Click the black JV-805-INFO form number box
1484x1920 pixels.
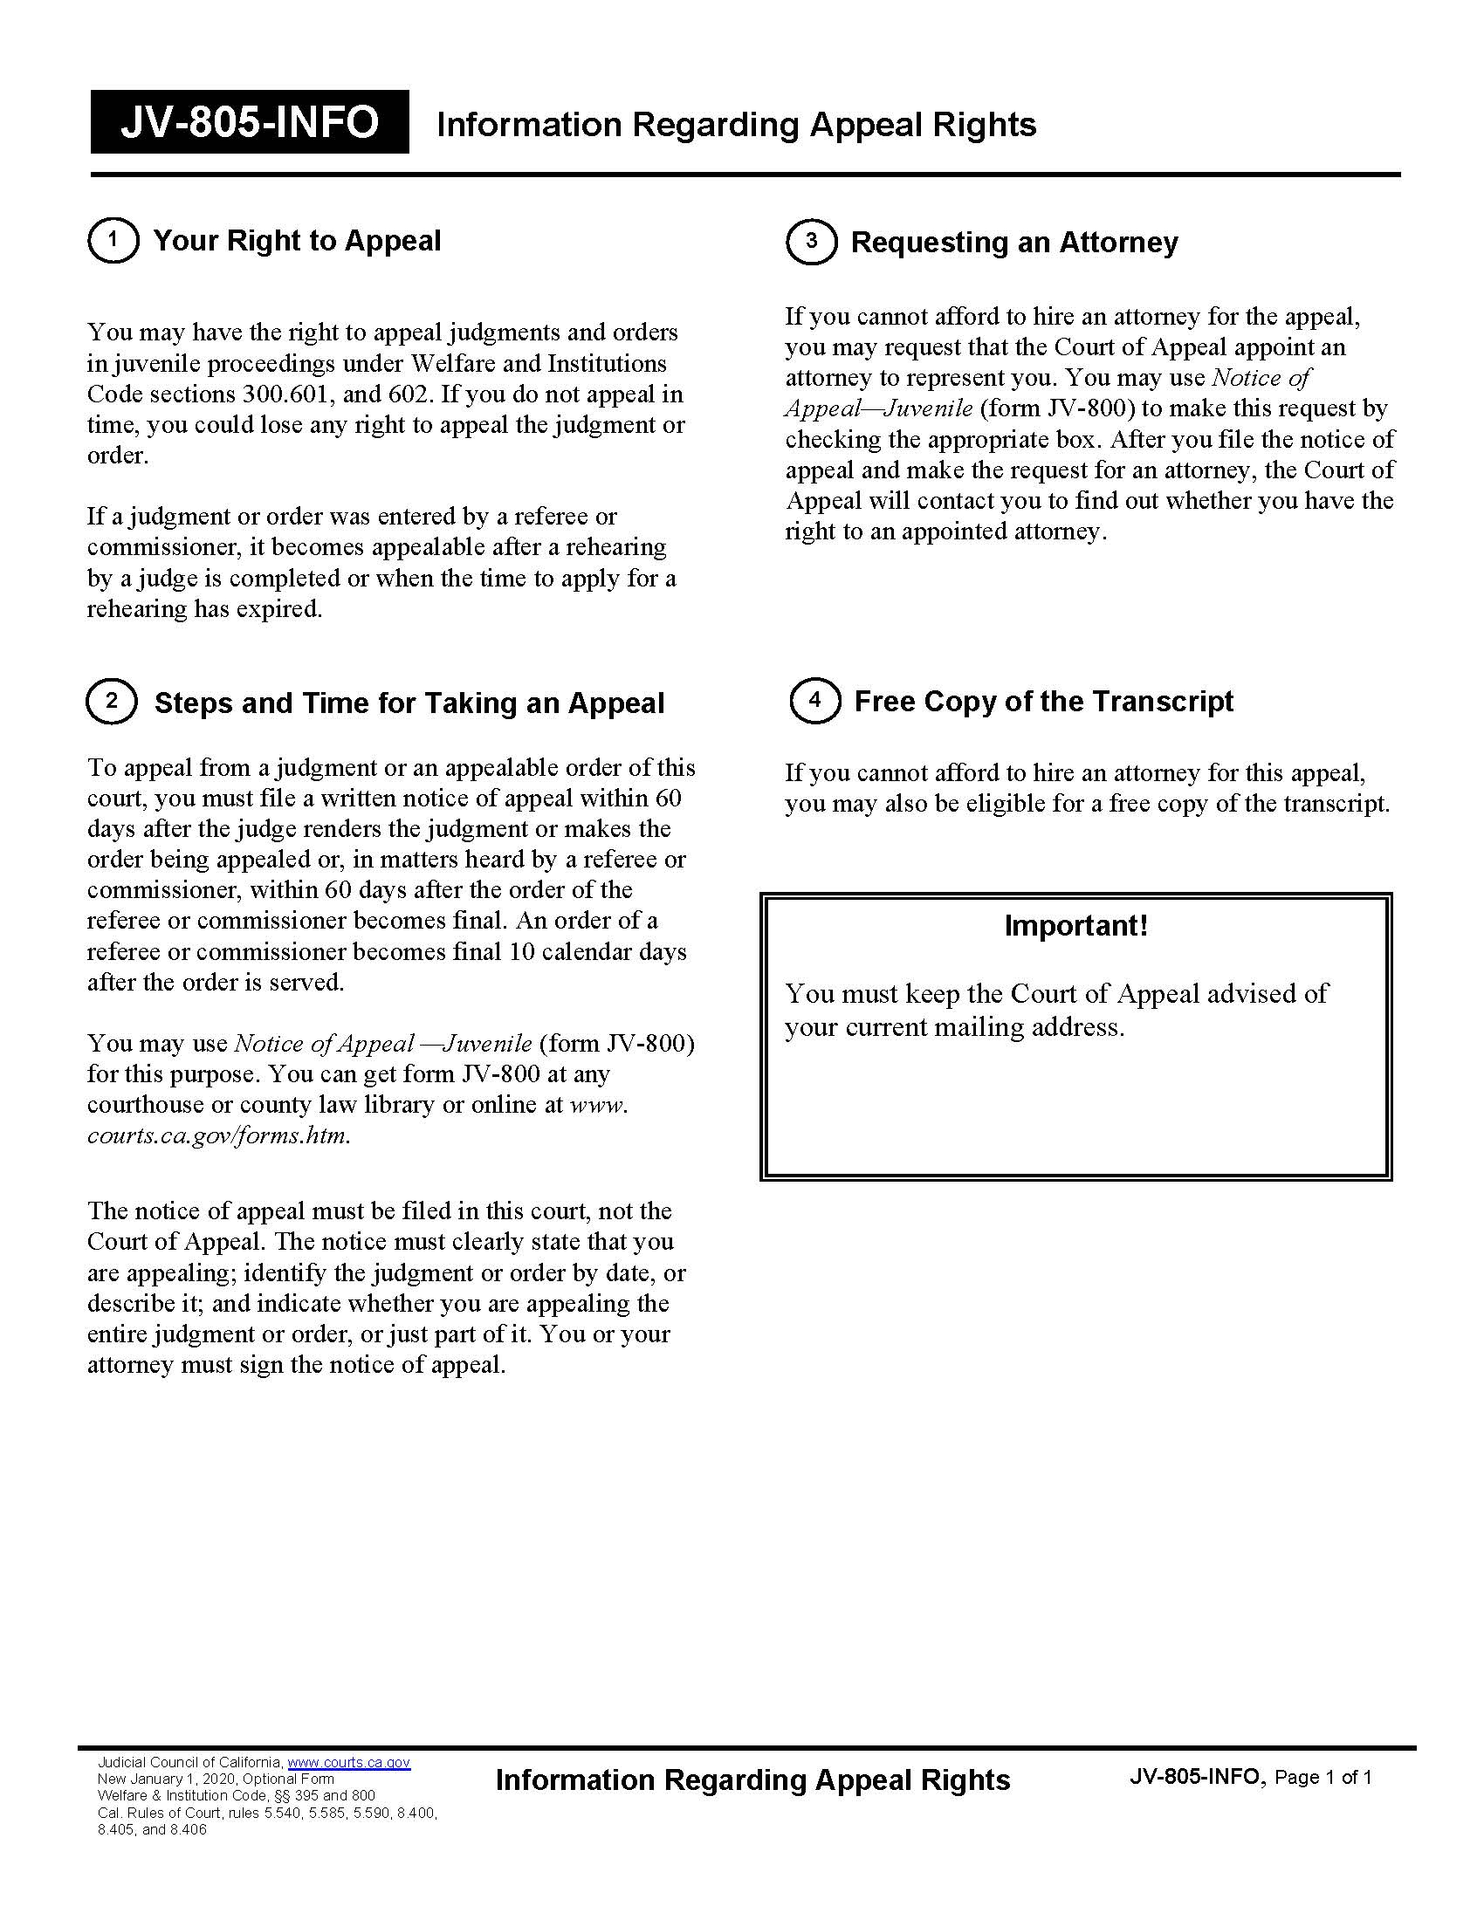tap(250, 122)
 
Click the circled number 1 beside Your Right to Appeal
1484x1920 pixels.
tap(113, 240)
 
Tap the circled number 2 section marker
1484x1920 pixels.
tap(112, 702)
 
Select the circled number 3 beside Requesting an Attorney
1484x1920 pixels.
tap(812, 242)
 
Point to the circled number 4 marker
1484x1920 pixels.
tap(815, 701)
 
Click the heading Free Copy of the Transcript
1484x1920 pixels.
tap(1043, 702)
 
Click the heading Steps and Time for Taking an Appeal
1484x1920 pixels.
tap(409, 703)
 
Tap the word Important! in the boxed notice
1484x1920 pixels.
tap(1076, 926)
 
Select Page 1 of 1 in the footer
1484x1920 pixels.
tap(1323, 1778)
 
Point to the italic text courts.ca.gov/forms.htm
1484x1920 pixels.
tap(218, 1135)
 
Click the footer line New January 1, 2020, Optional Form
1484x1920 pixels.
tap(216, 1779)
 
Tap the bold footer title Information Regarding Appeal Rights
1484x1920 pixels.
tap(752, 1779)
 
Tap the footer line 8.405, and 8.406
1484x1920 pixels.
tap(152, 1829)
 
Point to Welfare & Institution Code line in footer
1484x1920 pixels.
tap(236, 1795)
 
